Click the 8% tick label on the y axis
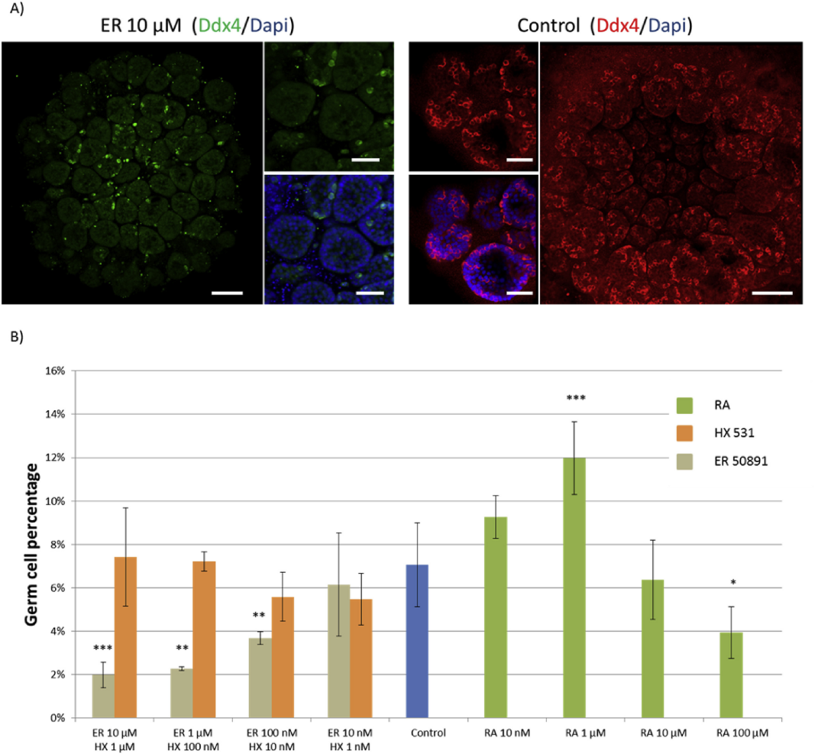(57, 545)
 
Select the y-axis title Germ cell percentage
(31, 545)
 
